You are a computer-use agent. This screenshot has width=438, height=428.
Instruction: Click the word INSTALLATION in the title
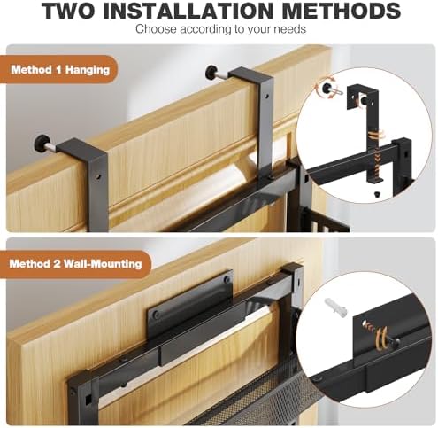pos(188,11)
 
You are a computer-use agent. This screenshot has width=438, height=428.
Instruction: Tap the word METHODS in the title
pos(341,11)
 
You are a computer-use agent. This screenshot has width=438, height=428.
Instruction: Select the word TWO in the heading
pos(68,11)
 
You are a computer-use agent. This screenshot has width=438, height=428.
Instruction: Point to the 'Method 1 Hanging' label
pos(60,70)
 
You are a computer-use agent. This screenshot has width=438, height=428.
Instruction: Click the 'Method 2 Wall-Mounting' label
pos(75,263)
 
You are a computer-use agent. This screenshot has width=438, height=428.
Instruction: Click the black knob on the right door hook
pos(211,71)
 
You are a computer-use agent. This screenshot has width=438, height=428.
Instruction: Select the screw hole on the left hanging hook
pos(98,177)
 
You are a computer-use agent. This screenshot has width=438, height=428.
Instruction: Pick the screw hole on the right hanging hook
pos(266,97)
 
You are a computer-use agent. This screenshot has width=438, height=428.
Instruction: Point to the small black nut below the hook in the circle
pos(377,194)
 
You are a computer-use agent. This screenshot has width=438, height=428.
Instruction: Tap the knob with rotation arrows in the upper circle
pos(327,88)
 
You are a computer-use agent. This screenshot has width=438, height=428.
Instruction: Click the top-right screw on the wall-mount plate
pos(227,279)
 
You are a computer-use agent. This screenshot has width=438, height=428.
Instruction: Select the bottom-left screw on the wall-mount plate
pos(156,315)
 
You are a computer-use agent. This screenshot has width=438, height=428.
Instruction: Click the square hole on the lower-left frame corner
pos(88,401)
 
